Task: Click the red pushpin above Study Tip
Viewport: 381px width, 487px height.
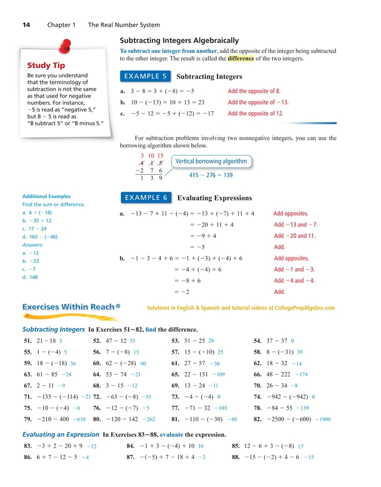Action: coord(65,47)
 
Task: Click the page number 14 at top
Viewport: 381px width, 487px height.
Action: coord(27,25)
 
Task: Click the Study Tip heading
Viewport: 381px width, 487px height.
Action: coord(46,65)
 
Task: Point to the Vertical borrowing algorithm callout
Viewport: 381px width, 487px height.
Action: coord(210,162)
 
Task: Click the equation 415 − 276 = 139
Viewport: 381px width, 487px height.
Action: coord(211,175)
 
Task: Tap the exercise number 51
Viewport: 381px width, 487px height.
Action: coord(28,341)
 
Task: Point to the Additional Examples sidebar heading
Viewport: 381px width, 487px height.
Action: coord(46,196)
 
